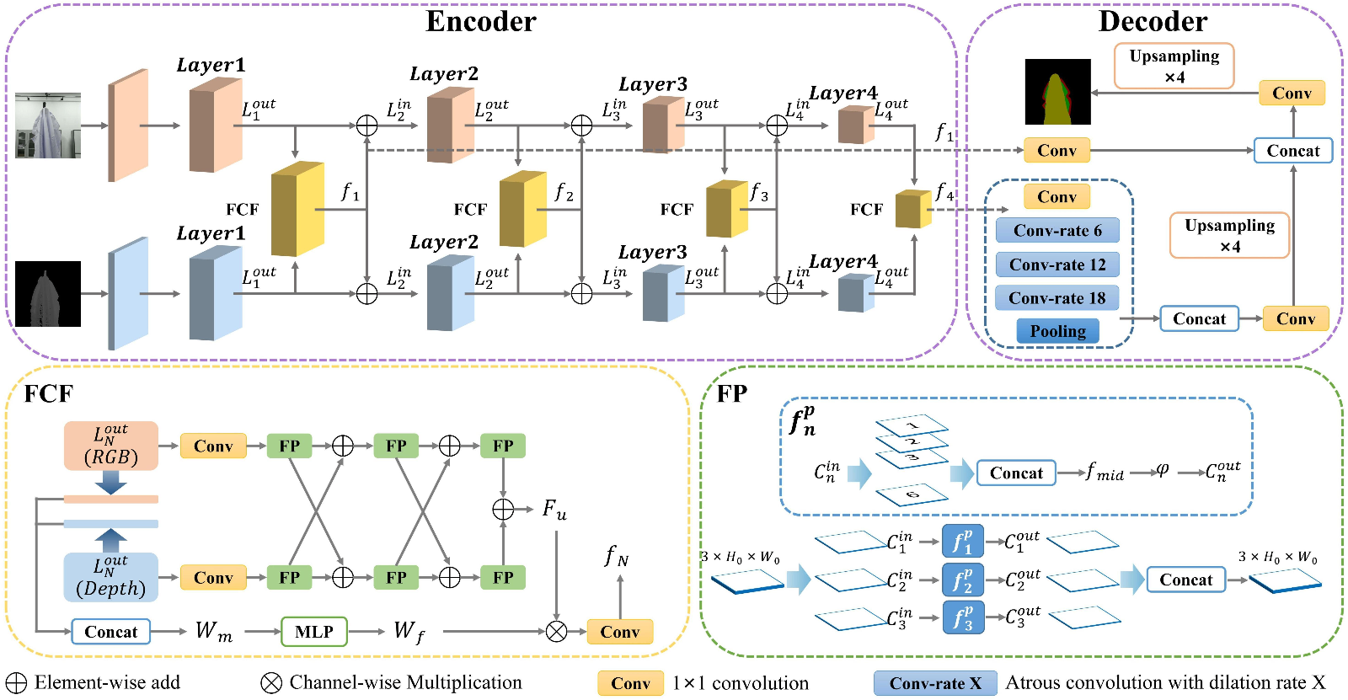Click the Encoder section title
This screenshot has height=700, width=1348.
pyautogui.click(x=480, y=21)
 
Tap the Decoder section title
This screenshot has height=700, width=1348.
pyautogui.click(x=1153, y=21)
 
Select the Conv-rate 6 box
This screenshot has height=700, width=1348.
pyautogui.click(x=1057, y=230)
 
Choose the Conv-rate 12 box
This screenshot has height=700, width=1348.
pyautogui.click(x=1057, y=265)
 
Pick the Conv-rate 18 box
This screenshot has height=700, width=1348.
pyautogui.click(x=1057, y=298)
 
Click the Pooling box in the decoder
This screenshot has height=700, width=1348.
pyautogui.click(x=1057, y=331)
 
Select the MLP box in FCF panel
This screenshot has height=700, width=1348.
pyautogui.click(x=313, y=632)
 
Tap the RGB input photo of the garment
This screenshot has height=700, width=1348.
pyautogui.click(x=48, y=126)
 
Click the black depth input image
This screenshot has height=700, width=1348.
pyautogui.click(x=48, y=294)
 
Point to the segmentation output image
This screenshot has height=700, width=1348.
pyautogui.click(x=1057, y=92)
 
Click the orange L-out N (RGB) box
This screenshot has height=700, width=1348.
pyautogui.click(x=110, y=446)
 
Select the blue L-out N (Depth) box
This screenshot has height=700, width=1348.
pyautogui.click(x=110, y=577)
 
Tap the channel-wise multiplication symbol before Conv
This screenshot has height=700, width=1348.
pyautogui.click(x=556, y=631)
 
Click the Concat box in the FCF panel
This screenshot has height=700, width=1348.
pyautogui.click(x=110, y=632)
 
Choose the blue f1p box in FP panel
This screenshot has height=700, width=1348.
pyautogui.click(x=962, y=542)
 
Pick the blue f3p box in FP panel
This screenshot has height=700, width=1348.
pyautogui.click(x=962, y=617)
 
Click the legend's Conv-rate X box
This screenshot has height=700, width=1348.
pyautogui.click(x=935, y=683)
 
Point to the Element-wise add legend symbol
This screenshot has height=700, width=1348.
pyautogui.click(x=16, y=682)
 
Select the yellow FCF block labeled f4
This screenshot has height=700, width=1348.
pyautogui.click(x=912, y=209)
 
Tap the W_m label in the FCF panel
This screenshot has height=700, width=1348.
pyautogui.click(x=213, y=631)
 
